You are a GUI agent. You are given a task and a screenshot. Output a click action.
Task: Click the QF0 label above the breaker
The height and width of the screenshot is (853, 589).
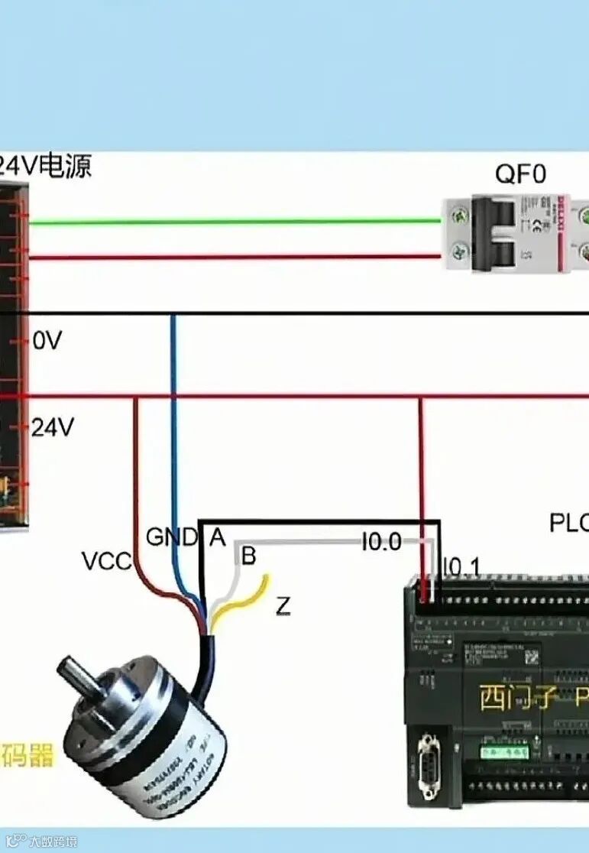point(520,174)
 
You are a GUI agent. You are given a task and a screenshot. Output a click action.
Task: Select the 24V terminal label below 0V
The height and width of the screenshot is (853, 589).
point(52,428)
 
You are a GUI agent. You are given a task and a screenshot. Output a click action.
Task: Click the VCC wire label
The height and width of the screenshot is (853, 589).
point(107,562)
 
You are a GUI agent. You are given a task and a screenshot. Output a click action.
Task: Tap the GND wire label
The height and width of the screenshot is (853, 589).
point(171,537)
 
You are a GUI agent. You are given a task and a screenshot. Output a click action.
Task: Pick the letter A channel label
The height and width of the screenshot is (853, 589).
point(218,538)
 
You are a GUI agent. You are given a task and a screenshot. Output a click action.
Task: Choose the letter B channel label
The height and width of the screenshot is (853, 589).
point(248,556)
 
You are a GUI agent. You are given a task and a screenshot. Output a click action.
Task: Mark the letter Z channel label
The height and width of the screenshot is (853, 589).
point(283,607)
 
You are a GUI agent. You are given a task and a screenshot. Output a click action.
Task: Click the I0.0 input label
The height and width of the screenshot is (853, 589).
point(381,542)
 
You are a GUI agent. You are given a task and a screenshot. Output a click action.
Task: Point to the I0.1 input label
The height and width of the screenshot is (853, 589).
point(462,567)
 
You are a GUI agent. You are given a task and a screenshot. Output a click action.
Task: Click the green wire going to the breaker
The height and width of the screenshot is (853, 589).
point(229,222)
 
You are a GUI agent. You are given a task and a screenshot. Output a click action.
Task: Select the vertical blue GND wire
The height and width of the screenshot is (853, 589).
point(173,428)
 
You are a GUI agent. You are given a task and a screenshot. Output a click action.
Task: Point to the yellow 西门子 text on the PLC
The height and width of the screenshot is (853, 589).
point(516,697)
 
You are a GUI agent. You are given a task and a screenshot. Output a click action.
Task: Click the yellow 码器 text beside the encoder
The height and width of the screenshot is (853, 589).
point(28,756)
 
